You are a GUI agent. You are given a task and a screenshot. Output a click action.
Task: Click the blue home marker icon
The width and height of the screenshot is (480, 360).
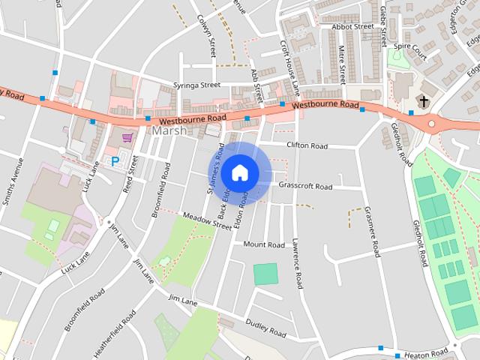point(239,172)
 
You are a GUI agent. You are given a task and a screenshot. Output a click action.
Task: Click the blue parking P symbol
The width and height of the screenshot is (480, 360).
point(115,160)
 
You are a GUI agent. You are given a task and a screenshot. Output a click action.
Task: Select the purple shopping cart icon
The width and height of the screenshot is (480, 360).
point(127,138)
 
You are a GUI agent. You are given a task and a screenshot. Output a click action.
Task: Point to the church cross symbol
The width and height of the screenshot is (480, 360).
point(424,100)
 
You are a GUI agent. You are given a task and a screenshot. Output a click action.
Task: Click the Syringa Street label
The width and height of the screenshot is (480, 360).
point(196,85)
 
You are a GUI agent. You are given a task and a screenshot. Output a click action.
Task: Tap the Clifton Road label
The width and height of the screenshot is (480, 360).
point(307,145)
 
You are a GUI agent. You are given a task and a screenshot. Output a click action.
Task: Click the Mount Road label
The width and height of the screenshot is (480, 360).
point(264,244)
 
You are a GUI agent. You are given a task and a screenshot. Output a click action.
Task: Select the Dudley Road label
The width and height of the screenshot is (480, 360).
point(266,328)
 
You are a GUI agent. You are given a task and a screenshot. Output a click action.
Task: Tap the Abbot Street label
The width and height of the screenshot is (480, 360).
point(352,26)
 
